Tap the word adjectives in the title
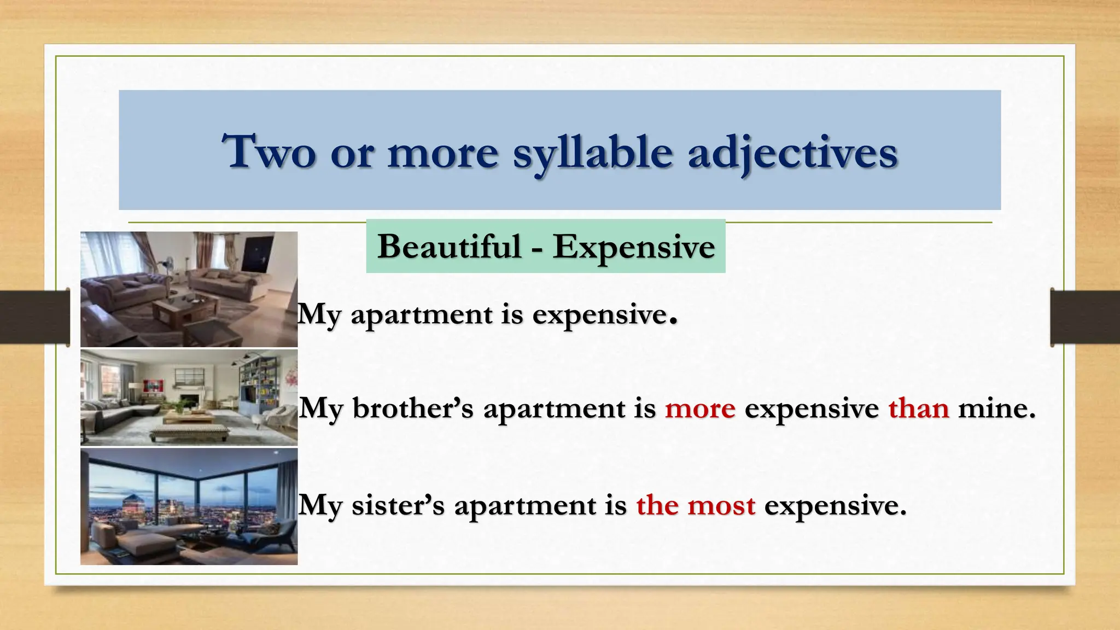point(792,153)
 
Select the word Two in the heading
point(269,152)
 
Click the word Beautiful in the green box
point(449,247)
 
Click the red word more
point(700,409)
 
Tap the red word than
point(918,409)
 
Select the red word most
point(721,505)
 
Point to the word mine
point(996,409)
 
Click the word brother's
point(413,409)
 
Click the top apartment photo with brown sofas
point(189,289)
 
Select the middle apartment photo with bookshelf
point(189,398)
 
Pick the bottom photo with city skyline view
point(189,506)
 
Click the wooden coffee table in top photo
point(179,309)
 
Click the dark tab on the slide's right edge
point(1085,317)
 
